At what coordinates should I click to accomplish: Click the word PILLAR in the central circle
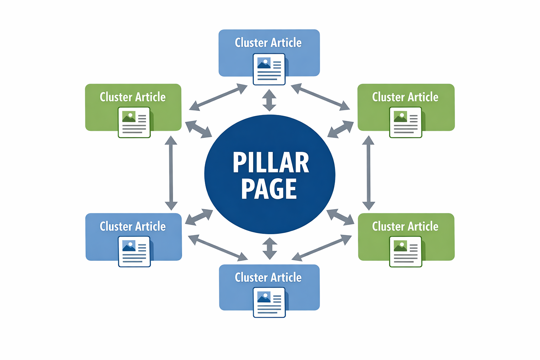[x=271, y=163]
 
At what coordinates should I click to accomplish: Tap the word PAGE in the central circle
[x=269, y=189]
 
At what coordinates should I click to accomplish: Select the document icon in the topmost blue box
[x=269, y=69]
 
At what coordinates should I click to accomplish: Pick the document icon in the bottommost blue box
[x=269, y=302]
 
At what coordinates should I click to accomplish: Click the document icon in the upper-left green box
[x=134, y=122]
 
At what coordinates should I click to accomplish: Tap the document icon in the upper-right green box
[x=405, y=122]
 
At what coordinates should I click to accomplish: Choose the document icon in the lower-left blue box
[x=134, y=251]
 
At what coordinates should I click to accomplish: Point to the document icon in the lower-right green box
[x=405, y=251]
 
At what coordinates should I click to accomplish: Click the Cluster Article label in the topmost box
[x=268, y=43]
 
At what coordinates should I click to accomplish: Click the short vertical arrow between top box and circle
[x=269, y=100]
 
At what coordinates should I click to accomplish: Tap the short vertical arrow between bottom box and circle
[x=270, y=249]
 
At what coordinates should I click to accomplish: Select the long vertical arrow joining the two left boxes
[x=171, y=173]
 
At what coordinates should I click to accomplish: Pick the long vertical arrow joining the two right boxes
[x=368, y=173]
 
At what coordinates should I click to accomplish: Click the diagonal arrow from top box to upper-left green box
[x=218, y=97]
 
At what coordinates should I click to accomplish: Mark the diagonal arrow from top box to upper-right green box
[x=320, y=97]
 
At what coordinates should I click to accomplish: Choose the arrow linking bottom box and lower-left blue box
[x=218, y=248]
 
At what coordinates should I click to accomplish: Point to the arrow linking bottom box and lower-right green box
[x=322, y=248]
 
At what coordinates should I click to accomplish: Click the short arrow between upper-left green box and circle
[x=198, y=129]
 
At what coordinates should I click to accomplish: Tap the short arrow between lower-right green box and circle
[x=340, y=217]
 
